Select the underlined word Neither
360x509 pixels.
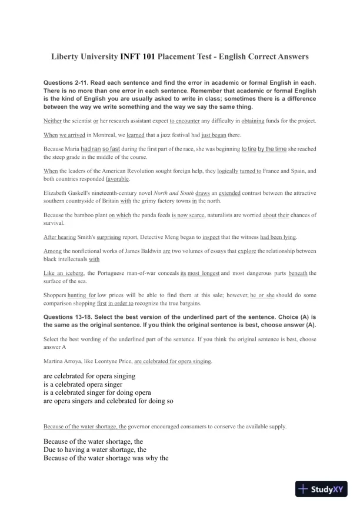click(x=54, y=121)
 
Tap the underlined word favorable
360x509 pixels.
click(x=118, y=178)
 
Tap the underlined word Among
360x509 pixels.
click(x=53, y=251)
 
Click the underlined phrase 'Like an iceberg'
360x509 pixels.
click(x=64, y=272)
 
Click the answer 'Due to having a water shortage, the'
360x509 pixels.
click(x=95, y=450)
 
